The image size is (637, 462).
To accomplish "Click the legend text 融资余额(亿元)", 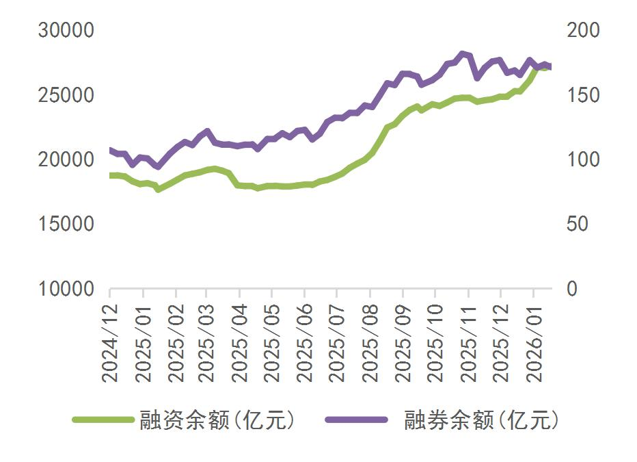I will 217,420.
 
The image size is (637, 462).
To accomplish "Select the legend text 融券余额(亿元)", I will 481,420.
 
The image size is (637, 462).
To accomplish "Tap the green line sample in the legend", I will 103,420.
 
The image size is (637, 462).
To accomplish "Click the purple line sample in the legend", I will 355,420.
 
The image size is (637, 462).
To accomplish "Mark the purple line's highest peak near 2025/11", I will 463,53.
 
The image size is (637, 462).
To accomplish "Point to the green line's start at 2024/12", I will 111,175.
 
